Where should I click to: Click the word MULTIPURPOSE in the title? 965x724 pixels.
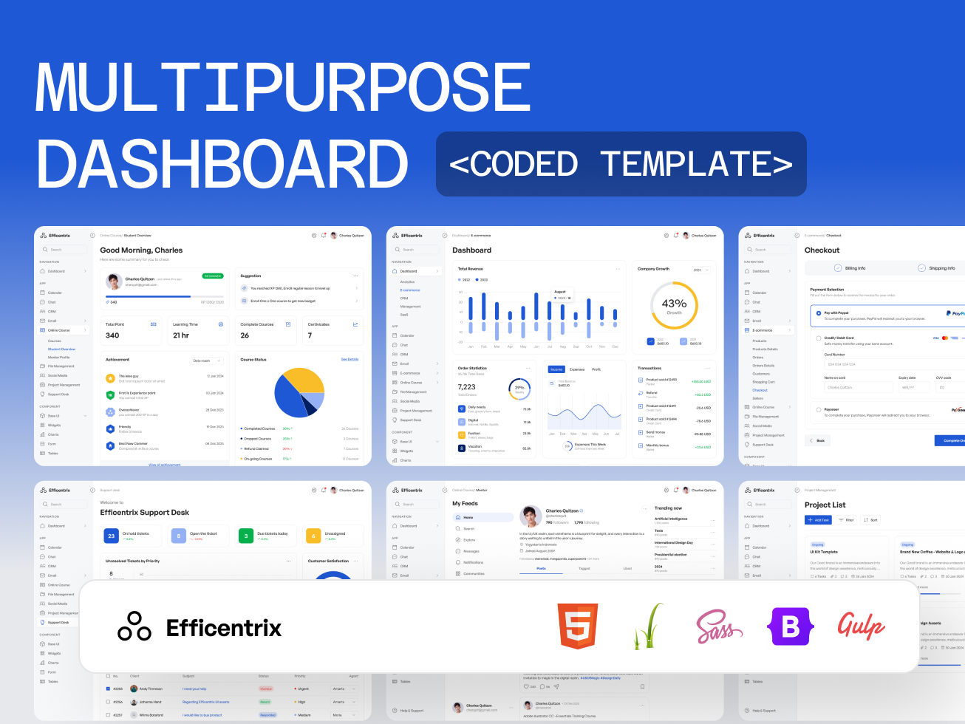[283, 88]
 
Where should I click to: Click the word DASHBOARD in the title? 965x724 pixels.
[222, 164]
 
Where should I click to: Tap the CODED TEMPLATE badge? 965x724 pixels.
[621, 164]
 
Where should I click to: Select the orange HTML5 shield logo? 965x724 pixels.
[578, 626]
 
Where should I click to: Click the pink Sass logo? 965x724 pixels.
[718, 627]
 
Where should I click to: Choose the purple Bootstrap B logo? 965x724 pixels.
[791, 626]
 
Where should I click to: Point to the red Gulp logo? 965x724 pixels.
[861, 626]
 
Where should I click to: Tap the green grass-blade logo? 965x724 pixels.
[647, 626]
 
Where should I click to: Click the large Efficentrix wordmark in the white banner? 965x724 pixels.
[224, 628]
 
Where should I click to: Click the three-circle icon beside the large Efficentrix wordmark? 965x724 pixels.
[134, 626]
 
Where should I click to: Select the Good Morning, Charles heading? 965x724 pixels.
[141, 250]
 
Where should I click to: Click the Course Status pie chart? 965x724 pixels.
[299, 392]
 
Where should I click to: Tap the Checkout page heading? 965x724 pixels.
[822, 250]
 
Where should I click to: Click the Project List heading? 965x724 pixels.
[825, 505]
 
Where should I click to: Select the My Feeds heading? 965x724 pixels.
[465, 504]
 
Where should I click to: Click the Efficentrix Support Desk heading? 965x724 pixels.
[145, 513]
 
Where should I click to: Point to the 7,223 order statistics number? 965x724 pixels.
[467, 387]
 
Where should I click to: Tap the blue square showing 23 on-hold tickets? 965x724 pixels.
[111, 536]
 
